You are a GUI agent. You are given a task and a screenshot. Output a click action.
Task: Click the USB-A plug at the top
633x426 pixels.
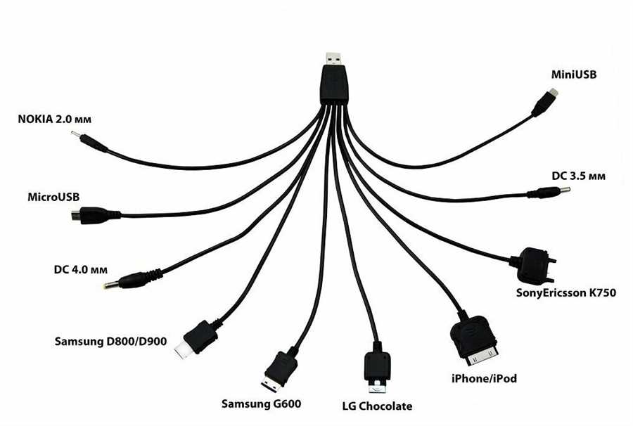tap(335, 60)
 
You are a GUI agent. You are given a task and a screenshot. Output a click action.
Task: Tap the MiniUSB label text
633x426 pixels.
tap(574, 75)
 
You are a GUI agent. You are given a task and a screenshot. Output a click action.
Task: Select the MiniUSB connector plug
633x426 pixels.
tap(544, 103)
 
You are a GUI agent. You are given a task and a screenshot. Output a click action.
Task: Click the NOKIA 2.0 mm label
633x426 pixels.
tap(54, 120)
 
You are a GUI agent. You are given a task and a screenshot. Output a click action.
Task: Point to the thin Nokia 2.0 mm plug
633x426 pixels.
tap(89, 141)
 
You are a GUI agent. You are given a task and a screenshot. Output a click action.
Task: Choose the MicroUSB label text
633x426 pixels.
tap(53, 197)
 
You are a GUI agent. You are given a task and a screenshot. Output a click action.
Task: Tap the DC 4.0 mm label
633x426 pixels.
tap(81, 269)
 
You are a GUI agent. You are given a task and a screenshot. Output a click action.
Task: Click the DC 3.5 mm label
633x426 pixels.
tap(579, 176)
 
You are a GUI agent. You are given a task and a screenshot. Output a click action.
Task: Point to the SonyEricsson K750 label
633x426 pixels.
tap(566, 293)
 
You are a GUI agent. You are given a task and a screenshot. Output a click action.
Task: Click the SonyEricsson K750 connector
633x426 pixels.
tap(534, 266)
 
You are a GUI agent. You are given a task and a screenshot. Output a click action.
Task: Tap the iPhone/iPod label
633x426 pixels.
tap(484, 379)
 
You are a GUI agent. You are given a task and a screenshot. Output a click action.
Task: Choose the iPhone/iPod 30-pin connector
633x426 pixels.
tap(474, 340)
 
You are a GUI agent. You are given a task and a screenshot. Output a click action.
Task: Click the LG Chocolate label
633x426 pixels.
tap(377, 406)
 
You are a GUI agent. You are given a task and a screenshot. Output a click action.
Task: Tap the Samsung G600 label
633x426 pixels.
tap(261, 404)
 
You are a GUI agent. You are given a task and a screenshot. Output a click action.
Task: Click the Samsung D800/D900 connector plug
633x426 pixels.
tap(198, 338)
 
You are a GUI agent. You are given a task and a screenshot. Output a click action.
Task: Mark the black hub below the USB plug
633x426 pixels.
tap(335, 86)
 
